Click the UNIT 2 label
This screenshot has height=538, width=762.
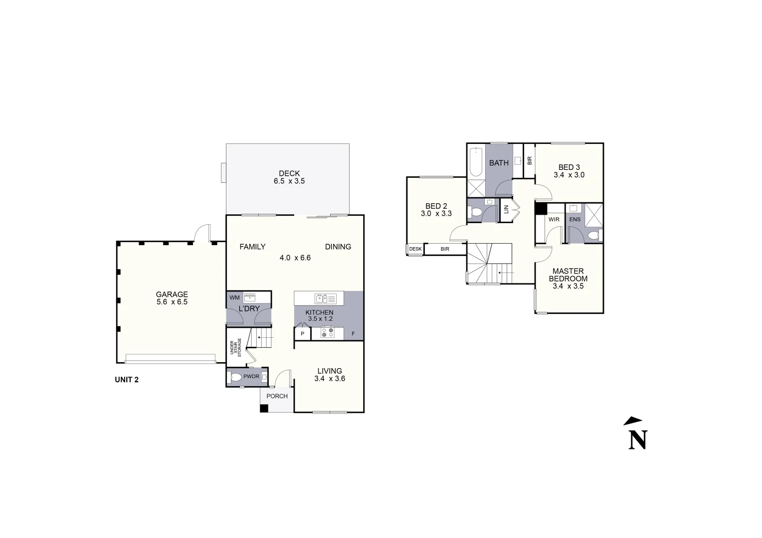pos(127,380)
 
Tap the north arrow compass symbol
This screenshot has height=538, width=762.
pos(636,434)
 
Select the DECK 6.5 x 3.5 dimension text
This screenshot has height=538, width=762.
pos(289,181)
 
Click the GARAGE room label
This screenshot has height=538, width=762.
pos(172,294)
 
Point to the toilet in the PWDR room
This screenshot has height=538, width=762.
pos(236,377)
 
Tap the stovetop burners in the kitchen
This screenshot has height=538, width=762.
pos(327,332)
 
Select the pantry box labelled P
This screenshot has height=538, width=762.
pos(302,334)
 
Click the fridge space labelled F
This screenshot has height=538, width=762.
pos(353,334)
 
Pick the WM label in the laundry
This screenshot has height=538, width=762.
pos(234,297)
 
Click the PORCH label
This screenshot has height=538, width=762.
pos(277,396)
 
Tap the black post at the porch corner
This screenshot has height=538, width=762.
pos(264,408)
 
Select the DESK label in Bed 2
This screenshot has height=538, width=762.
pos(415,249)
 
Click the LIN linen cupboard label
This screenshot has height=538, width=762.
pos(506,210)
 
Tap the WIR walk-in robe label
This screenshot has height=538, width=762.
pos(554,220)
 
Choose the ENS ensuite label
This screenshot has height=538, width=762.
pos(574,220)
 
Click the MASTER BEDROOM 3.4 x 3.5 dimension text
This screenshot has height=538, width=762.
pos(568,286)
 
